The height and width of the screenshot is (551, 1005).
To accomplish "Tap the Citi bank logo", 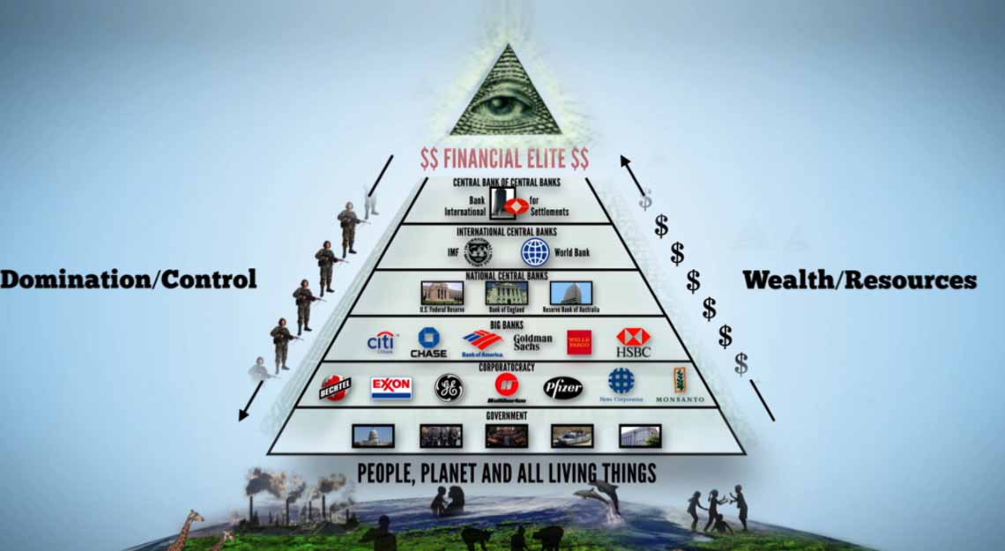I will [x=382, y=341].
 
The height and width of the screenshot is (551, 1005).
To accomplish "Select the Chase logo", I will [x=428, y=342].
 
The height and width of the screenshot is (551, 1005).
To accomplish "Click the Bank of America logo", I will [x=482, y=343].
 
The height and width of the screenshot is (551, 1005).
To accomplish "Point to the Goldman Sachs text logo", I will [x=532, y=343].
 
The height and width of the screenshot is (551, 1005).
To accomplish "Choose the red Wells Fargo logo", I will [x=578, y=342].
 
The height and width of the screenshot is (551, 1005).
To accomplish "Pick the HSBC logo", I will [x=633, y=342].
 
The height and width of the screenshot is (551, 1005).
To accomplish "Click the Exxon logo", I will [x=391, y=388].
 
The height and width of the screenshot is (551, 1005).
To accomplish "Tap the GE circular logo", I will [x=448, y=388].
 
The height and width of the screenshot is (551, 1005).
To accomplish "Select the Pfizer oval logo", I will [x=562, y=388].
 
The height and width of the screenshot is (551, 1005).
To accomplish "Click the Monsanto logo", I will [x=680, y=386].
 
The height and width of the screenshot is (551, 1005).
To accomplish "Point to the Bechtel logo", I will [x=335, y=388].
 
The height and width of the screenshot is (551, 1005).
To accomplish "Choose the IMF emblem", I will [x=478, y=252].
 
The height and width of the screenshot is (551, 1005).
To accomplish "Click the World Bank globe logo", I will [x=534, y=252].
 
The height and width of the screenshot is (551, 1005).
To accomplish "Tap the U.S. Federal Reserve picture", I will [x=442, y=294].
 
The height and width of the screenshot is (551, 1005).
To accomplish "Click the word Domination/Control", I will [x=129, y=279].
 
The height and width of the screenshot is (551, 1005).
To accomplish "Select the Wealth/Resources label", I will [x=860, y=280].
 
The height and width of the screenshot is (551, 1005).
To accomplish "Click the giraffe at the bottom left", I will [x=187, y=529].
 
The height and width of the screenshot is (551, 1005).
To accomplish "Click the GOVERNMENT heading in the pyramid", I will [x=507, y=415].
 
